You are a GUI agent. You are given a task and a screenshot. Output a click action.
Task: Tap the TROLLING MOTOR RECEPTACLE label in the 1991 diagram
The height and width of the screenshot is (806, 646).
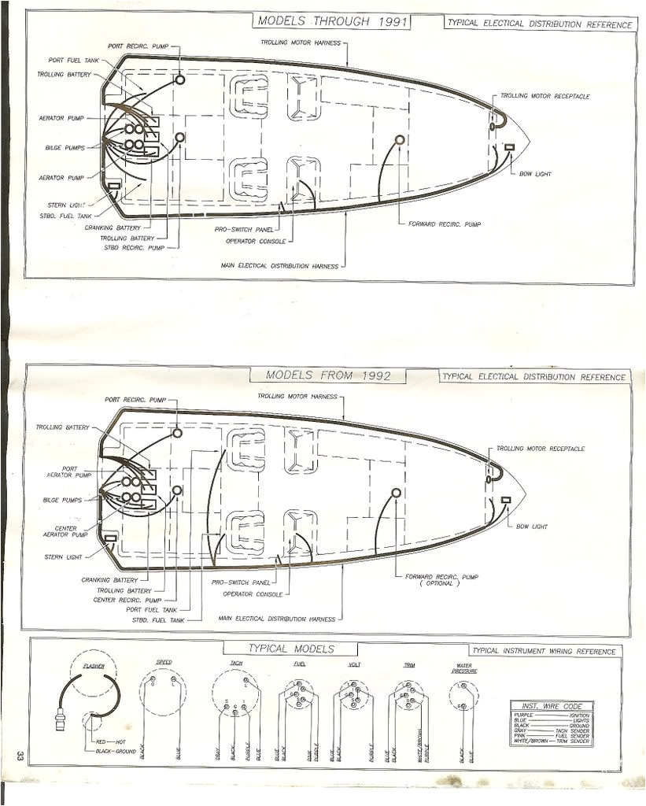point(544,96)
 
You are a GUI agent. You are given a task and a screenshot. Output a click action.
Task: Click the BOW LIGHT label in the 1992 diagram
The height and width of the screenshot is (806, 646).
point(531,526)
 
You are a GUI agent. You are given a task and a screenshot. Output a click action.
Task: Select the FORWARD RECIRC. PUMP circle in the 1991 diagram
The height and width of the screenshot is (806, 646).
point(400,140)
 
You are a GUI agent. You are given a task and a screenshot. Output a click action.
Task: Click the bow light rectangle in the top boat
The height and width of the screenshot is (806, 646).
point(509,148)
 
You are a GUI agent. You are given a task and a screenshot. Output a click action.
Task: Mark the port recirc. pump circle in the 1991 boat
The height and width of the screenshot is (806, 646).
point(180,80)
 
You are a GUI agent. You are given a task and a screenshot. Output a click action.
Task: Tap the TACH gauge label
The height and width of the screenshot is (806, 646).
point(235,663)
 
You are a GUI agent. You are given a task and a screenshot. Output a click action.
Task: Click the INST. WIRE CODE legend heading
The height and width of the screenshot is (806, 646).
point(550,705)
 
